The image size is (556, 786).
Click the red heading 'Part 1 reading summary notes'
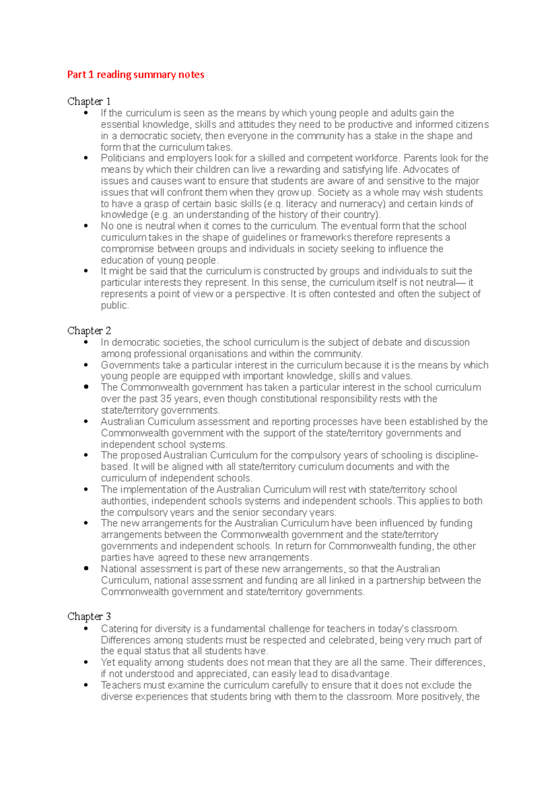tap(135, 75)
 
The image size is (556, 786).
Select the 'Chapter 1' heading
tap(89, 101)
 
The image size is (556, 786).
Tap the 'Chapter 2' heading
tap(89, 331)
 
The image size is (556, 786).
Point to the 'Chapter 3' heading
tap(89, 617)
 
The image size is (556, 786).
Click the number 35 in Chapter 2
tap(165, 399)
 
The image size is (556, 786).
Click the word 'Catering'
tap(119, 629)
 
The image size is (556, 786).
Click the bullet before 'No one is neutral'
tap(86, 226)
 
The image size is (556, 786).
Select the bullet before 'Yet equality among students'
tap(86, 662)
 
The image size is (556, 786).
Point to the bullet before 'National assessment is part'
tap(86, 569)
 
